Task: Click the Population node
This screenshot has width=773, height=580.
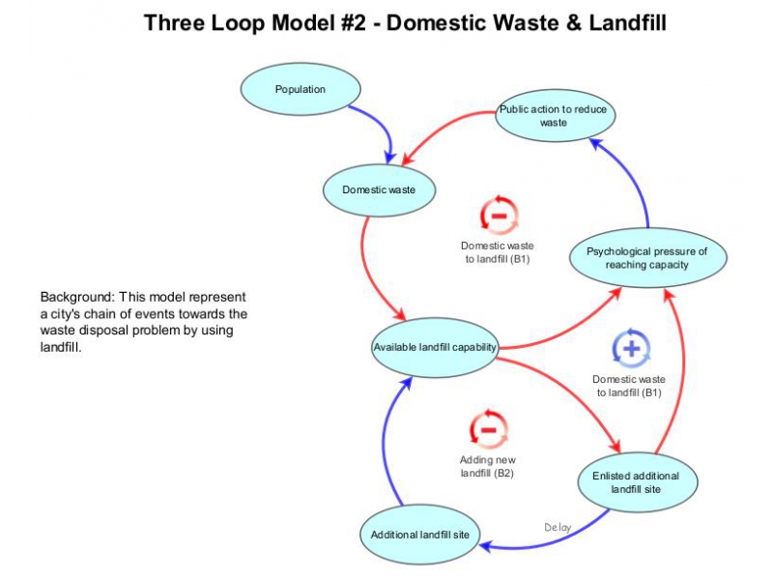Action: tap(301, 90)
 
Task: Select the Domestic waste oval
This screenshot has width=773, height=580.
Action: tap(379, 189)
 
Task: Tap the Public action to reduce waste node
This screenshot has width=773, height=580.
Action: tap(554, 116)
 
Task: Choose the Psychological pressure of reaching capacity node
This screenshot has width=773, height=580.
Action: tap(646, 258)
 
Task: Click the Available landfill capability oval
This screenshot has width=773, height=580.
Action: tap(435, 348)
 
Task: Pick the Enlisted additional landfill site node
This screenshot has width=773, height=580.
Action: tap(638, 482)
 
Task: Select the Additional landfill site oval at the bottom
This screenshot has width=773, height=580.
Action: tap(419, 535)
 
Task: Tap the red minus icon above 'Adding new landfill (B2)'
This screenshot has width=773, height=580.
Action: tap(488, 429)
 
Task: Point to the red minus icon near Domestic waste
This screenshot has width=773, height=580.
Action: tap(499, 215)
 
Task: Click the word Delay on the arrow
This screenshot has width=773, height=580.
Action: tap(558, 528)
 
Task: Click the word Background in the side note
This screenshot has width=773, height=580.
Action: tap(77, 297)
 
